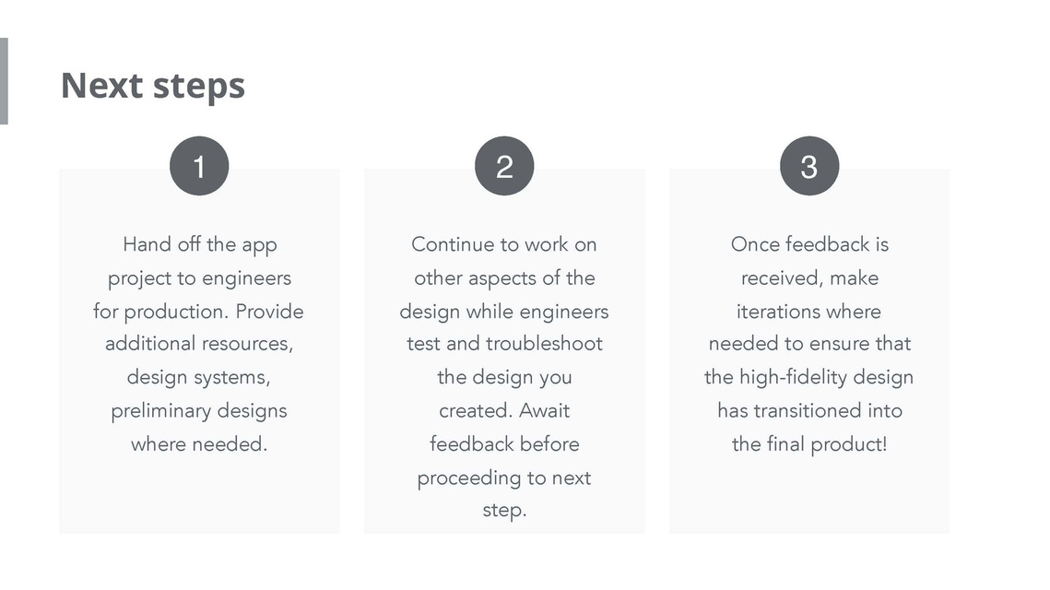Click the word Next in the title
pyautogui.click(x=101, y=86)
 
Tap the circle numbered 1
pyautogui.click(x=199, y=166)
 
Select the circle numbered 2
pyautogui.click(x=504, y=166)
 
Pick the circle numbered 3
pyautogui.click(x=809, y=166)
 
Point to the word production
pyautogui.click(x=176, y=313)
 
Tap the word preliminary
pyautogui.click(x=161, y=411)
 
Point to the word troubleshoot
pyautogui.click(x=544, y=344)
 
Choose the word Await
pyautogui.click(x=545, y=410)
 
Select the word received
pyautogui.click(x=783, y=277)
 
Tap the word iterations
pyautogui.click(x=774, y=312)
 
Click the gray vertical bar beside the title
pyautogui.click(x=4, y=81)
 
